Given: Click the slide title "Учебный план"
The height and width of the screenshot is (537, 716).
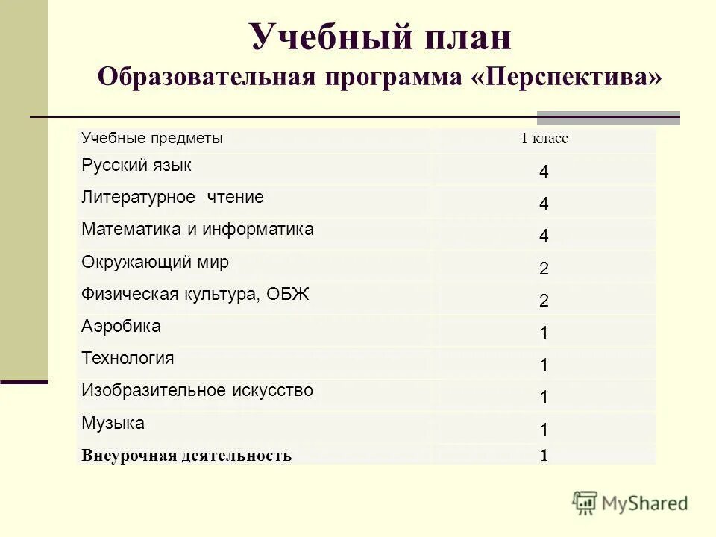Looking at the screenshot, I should click(380, 37).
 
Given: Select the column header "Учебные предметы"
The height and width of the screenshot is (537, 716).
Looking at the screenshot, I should click(152, 138).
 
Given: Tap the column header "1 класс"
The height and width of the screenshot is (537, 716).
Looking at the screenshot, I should click(544, 139).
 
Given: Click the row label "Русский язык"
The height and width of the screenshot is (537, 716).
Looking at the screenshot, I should click(136, 166).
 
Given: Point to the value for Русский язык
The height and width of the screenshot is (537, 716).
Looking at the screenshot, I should click(544, 172).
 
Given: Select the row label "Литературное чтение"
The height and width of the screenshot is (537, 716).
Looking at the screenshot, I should click(172, 198).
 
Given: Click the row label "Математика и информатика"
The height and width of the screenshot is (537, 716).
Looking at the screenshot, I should click(198, 230).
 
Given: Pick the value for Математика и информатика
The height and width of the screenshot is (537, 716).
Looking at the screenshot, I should click(544, 236).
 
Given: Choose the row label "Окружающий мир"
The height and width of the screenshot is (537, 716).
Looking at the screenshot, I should click(155, 262).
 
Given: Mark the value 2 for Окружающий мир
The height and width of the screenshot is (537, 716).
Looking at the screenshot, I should click(544, 268).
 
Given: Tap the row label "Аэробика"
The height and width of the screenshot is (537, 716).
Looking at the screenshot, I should click(121, 326).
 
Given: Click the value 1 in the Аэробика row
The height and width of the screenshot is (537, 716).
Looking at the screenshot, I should click(544, 333).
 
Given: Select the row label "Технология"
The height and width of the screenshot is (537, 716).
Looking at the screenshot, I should click(128, 358).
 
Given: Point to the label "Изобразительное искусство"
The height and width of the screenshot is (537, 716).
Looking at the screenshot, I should click(197, 390).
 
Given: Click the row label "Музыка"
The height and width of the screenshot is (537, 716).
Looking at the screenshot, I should click(113, 423).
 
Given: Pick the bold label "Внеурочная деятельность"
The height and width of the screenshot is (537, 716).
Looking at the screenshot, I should click(186, 456).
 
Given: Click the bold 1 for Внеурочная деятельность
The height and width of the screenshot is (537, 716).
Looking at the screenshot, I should click(544, 456).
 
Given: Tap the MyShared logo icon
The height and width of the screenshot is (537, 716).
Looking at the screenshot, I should click(585, 503).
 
